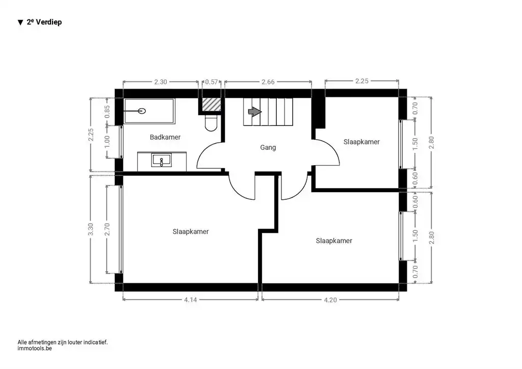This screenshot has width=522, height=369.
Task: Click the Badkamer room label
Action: click(x=165, y=137)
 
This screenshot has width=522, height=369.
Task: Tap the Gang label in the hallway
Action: click(x=268, y=147)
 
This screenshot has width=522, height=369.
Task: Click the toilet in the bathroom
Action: click(x=211, y=123)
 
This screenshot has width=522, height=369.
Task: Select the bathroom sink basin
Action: click(x=162, y=160)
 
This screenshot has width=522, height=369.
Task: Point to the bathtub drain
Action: click(x=142, y=111)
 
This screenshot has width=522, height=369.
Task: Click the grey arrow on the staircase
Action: click(x=255, y=112)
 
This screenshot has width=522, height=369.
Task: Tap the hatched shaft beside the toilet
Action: click(x=212, y=104)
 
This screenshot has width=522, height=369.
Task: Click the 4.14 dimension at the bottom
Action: click(x=191, y=300)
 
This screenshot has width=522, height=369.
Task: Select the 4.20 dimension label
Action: click(x=330, y=300)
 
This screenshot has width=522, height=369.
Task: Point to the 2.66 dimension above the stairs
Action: click(x=268, y=82)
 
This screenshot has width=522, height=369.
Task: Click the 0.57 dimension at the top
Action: click(x=212, y=82)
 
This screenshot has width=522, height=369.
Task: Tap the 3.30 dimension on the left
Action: click(x=91, y=229)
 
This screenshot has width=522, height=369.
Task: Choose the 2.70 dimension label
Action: click(x=107, y=229)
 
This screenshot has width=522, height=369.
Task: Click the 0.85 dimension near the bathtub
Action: click(x=107, y=112)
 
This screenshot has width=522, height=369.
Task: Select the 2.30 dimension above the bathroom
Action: click(x=161, y=82)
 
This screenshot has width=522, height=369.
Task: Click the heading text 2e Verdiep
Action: click(x=44, y=22)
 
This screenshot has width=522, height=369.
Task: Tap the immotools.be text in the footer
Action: click(x=35, y=349)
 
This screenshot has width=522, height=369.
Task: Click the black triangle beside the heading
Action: click(x=20, y=22)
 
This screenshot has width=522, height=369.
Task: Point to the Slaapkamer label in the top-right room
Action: click(x=361, y=142)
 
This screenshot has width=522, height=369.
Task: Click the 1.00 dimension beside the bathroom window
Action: click(x=107, y=142)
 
